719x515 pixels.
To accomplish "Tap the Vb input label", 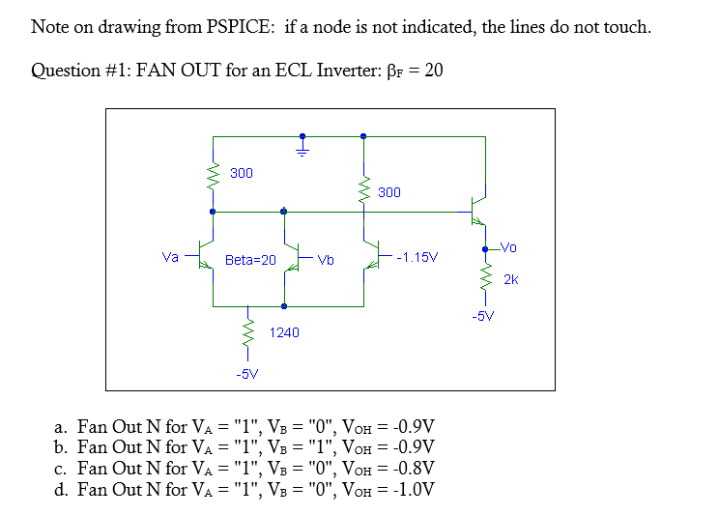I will pos(325,259).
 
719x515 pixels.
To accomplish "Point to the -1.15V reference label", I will pos(417,258).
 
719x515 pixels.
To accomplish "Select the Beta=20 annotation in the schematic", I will pos(250,260).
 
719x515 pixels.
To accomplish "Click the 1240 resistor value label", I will pos(284,332).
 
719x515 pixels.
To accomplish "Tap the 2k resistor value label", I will pos(511,279).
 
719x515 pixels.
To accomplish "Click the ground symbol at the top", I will pos(302,147).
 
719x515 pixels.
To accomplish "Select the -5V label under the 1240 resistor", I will pos(246,373).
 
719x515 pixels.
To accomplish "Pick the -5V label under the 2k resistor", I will pos(483,315).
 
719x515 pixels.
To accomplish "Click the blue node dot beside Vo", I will pos(485,249).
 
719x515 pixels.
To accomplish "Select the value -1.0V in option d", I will pos(412,489).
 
